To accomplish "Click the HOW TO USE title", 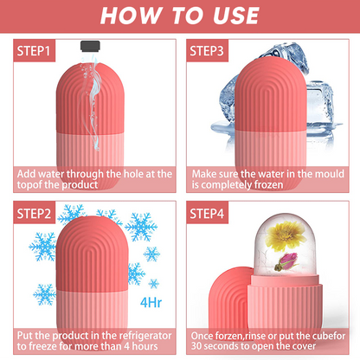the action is tap(179, 16).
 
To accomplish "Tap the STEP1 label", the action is tap(34, 51).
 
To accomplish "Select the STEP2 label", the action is tap(34, 214).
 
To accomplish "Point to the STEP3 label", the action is tap(207, 51).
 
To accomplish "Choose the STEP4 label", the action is tap(207, 214).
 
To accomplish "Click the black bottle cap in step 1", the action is tap(90, 46).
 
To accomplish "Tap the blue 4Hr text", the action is tap(151, 303).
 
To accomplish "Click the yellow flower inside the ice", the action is tap(285, 235).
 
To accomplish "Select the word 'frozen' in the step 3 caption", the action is tap(267, 185).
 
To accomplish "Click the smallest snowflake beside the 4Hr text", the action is tap(153, 284).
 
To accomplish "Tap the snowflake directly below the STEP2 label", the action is tap(42, 247).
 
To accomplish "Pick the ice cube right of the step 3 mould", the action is tap(320, 107).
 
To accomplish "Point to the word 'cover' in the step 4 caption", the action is tap(304, 346).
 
